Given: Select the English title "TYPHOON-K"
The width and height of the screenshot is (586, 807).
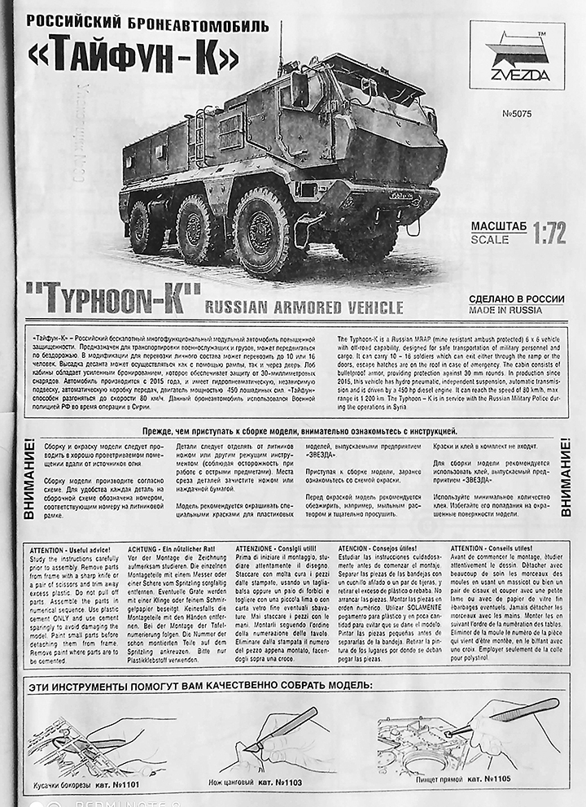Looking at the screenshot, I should point(112,299).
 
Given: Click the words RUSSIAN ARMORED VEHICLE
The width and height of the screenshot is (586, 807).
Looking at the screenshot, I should point(304,307).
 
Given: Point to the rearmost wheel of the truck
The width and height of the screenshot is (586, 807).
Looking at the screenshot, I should point(143,227).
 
